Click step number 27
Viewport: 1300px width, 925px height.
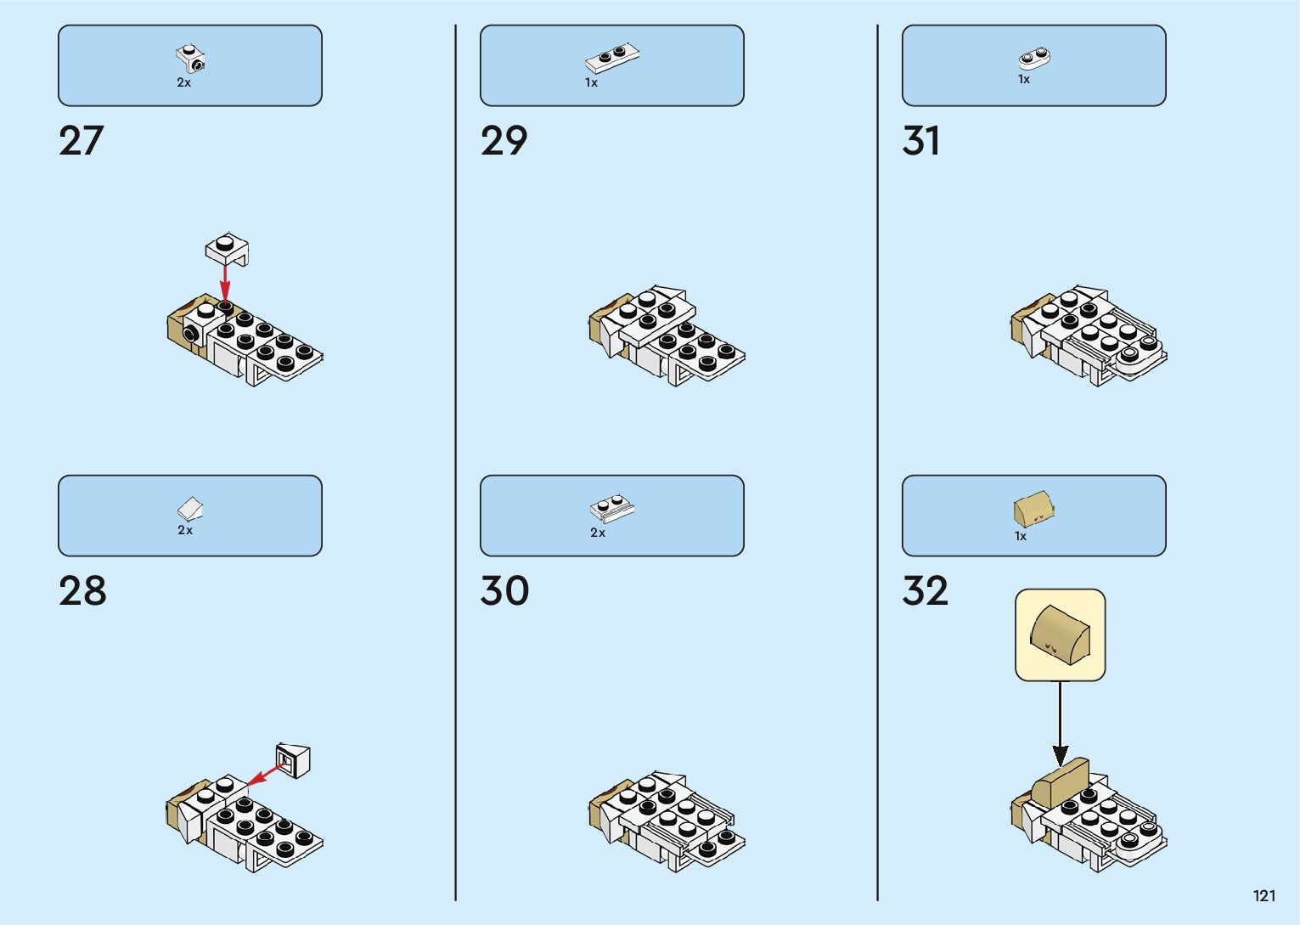tap(81, 141)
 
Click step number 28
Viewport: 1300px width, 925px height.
tap(82, 591)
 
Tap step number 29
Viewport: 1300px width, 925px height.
tap(504, 141)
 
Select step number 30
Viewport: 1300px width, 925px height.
tap(504, 591)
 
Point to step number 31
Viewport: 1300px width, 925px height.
tap(921, 141)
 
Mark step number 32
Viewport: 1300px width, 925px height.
tap(925, 591)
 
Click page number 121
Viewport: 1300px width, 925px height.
tap(1263, 895)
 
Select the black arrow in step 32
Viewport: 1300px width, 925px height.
tap(1060, 722)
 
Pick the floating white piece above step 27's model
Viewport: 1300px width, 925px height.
tap(227, 248)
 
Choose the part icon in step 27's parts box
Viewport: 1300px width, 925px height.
tap(192, 59)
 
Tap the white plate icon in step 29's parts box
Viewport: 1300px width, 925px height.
tap(611, 58)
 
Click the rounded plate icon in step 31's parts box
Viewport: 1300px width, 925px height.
tap(1034, 59)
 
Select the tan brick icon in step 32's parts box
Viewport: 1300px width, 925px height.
tap(1034, 510)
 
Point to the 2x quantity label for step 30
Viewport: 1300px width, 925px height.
tap(598, 533)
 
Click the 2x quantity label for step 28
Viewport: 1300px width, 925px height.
tap(185, 530)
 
